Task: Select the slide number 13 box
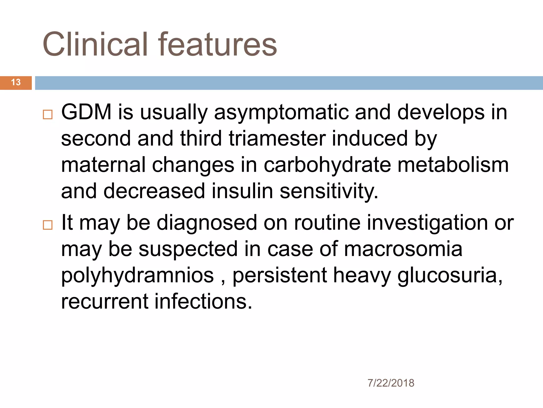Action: [16, 82]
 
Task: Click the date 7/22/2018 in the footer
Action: [391, 383]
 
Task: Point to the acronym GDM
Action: [86, 112]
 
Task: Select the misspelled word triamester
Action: [277, 139]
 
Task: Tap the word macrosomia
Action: [403, 249]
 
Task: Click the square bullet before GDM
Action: [48, 114]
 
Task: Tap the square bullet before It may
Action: [48, 225]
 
